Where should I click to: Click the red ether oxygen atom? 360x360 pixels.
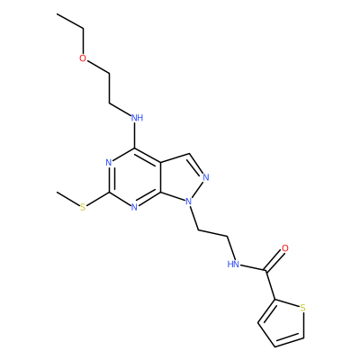pyautogui.click(x=83, y=58)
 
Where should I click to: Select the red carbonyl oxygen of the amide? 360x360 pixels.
pyautogui.click(x=285, y=248)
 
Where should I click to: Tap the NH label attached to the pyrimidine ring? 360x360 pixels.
pyautogui.click(x=137, y=118)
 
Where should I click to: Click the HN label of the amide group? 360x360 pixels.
pyautogui.click(x=233, y=265)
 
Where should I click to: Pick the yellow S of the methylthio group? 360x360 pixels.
pyautogui.click(x=83, y=207)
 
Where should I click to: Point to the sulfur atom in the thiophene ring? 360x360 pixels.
pyautogui.click(x=302, y=308)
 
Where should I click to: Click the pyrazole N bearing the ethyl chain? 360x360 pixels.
pyautogui.click(x=188, y=202)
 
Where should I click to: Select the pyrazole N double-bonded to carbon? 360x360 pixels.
pyautogui.click(x=205, y=177)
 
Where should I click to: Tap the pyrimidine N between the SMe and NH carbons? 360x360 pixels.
pyautogui.click(x=109, y=163)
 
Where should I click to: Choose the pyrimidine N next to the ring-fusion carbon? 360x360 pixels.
pyautogui.click(x=134, y=207)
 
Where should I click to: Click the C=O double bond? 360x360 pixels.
pyautogui.click(x=274, y=261)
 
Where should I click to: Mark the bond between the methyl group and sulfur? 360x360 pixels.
pyautogui.click(x=68, y=199)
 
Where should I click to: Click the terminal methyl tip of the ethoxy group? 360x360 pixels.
pyautogui.click(x=57, y=13)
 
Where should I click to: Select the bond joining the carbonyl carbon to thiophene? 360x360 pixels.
pyautogui.click(x=270, y=284)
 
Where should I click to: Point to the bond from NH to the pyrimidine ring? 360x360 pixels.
pyautogui.click(x=135, y=136)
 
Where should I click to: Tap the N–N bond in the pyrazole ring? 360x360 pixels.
pyautogui.click(x=197, y=189)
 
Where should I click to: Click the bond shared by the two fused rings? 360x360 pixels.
pyautogui.click(x=161, y=177)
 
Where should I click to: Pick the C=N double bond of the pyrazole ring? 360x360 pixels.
pyautogui.click(x=196, y=164)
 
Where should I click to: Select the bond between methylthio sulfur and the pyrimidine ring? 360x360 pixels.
pyautogui.click(x=98, y=199)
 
